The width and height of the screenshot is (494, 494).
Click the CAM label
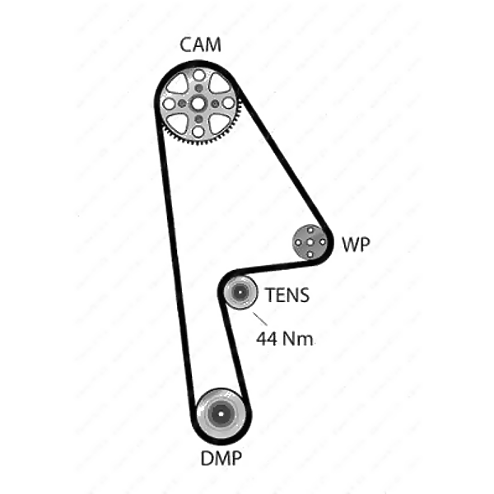pos(200,44)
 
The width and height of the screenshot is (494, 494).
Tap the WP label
pos(356,244)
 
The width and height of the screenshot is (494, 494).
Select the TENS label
pos(287,295)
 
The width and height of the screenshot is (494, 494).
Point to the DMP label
pos(221,458)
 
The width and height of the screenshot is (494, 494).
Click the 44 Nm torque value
pos(285,338)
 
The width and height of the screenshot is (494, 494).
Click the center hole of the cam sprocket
pos(198,104)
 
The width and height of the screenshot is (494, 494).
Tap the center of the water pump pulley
pos(310,242)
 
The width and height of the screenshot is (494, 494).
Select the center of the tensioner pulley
pos(240,292)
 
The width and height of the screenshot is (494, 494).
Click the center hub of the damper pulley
pos(221,413)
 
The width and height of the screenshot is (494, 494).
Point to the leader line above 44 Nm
pos(260,319)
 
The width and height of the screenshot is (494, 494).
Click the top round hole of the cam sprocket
pos(198,75)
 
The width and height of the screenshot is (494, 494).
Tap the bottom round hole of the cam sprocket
pos(198,132)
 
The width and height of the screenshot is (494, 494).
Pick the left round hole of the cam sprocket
pos(170,104)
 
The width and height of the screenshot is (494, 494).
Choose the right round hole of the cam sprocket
pos(228,103)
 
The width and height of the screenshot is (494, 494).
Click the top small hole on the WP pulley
pos(310,231)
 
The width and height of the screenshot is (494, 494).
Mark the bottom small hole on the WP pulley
pos(310,254)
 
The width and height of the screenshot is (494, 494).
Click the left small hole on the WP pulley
pos(298,243)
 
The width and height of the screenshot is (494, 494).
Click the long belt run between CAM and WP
pos(283,156)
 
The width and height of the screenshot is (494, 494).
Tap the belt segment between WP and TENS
pos(277,266)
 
